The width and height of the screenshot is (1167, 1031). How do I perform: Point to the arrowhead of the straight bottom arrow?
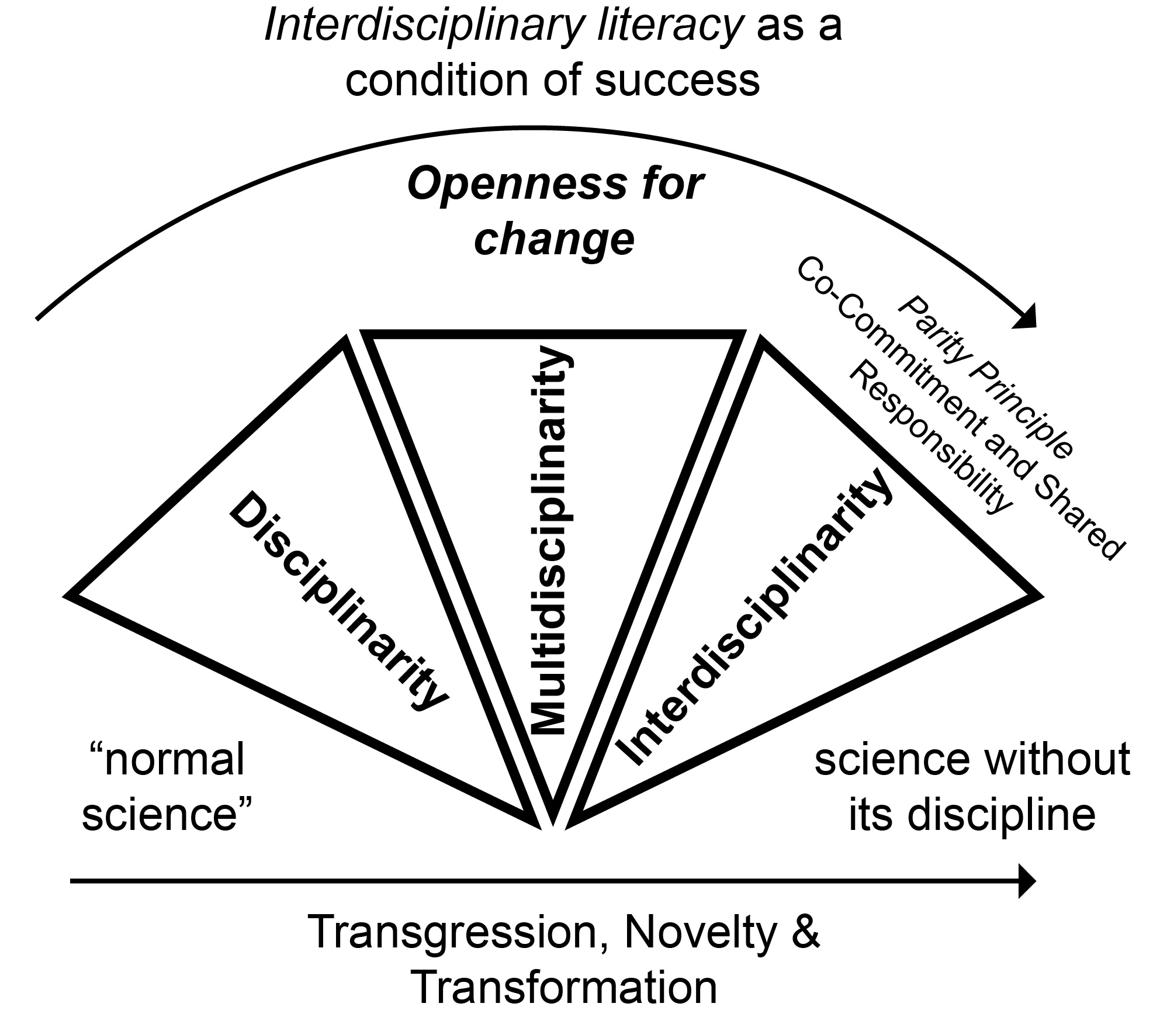1027,881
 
